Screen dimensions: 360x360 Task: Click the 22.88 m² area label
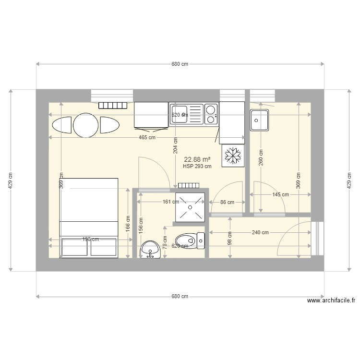(197, 159)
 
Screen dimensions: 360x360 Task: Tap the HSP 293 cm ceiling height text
(197, 167)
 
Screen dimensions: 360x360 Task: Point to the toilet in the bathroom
(187, 240)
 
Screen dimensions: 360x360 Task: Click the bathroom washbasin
(151, 250)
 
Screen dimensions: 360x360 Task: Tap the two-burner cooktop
(211, 114)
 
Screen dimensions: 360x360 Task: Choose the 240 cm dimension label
(260, 233)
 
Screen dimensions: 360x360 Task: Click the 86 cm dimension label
(227, 202)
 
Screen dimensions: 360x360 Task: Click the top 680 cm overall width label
(180, 64)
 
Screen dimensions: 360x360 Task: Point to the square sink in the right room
(259, 120)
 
